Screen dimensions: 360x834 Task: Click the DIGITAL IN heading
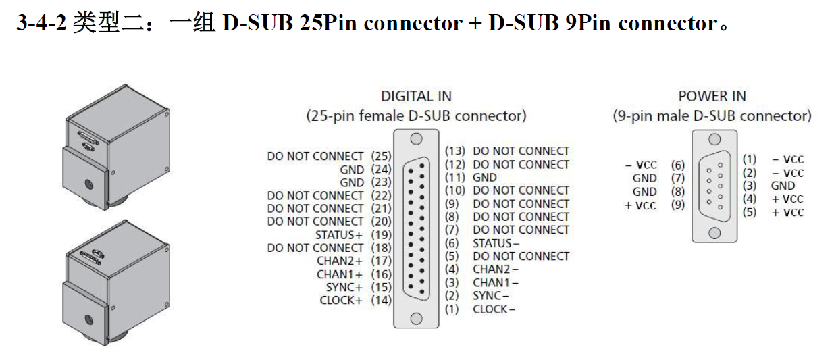(416, 96)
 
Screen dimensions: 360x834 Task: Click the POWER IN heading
(712, 96)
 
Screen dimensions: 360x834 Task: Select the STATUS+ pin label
(339, 235)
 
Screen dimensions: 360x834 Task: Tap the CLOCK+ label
(341, 300)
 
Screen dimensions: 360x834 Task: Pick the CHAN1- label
(496, 282)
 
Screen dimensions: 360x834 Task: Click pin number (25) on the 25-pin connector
(381, 156)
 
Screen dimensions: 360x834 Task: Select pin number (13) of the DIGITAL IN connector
(455, 151)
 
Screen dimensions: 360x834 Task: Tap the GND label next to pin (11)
(485, 177)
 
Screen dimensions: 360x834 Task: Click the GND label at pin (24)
(352, 170)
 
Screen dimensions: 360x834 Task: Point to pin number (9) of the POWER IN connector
(677, 205)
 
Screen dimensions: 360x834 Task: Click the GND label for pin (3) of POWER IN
(783, 186)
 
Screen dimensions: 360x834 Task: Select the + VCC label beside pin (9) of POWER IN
(640, 205)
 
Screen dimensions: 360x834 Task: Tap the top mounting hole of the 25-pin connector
(417, 139)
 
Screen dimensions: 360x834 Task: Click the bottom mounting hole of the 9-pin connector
(714, 233)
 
